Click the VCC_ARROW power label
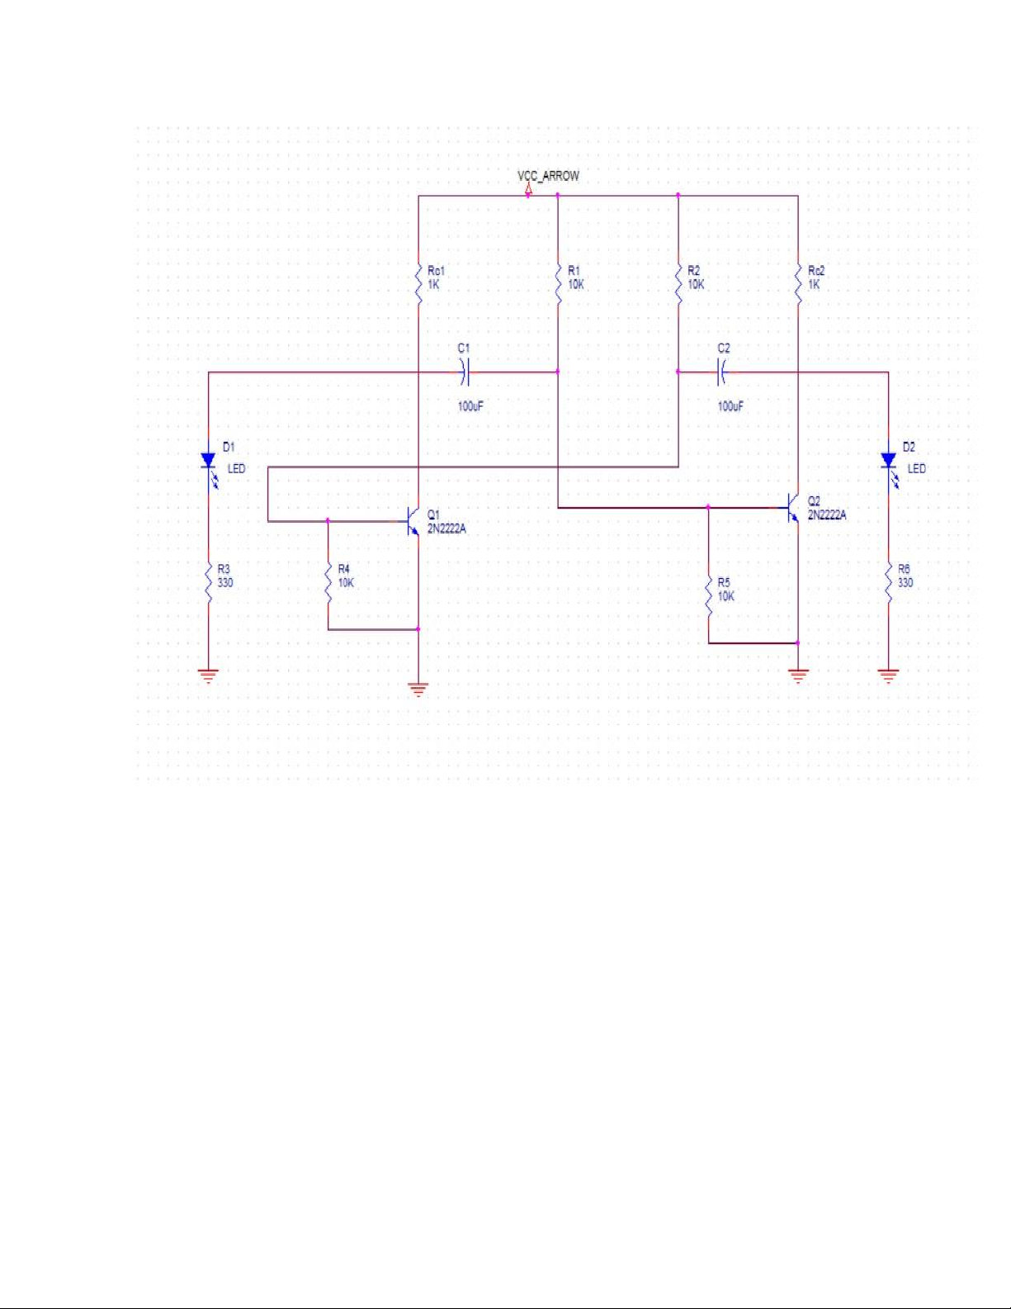point(548,176)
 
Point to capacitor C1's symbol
point(465,372)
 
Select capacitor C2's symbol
point(723,372)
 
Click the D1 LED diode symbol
point(209,461)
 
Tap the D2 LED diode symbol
point(889,461)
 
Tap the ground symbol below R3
point(209,676)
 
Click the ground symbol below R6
point(889,676)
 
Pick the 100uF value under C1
point(470,406)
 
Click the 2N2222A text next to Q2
point(827,515)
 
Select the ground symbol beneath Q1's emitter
point(418,690)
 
